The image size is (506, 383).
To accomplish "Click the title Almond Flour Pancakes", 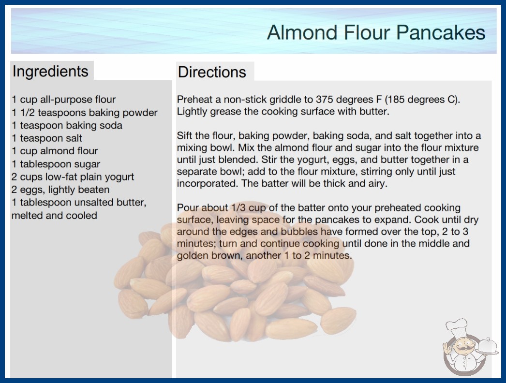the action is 376,32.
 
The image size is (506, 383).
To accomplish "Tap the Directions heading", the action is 212,72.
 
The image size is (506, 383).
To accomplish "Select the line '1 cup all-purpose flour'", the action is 63,100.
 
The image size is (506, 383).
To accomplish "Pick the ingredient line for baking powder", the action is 85,113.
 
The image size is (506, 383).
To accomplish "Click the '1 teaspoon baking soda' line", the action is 67,125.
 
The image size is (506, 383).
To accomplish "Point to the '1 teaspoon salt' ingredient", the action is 47,138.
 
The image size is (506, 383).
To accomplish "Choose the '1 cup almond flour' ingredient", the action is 55,151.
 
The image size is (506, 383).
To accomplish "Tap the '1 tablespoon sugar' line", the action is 56,164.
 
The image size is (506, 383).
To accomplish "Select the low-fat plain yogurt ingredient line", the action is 73,177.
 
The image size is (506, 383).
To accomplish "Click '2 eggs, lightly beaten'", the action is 60,190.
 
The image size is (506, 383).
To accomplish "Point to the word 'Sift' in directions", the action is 185,135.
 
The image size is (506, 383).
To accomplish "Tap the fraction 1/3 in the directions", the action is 238,207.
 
